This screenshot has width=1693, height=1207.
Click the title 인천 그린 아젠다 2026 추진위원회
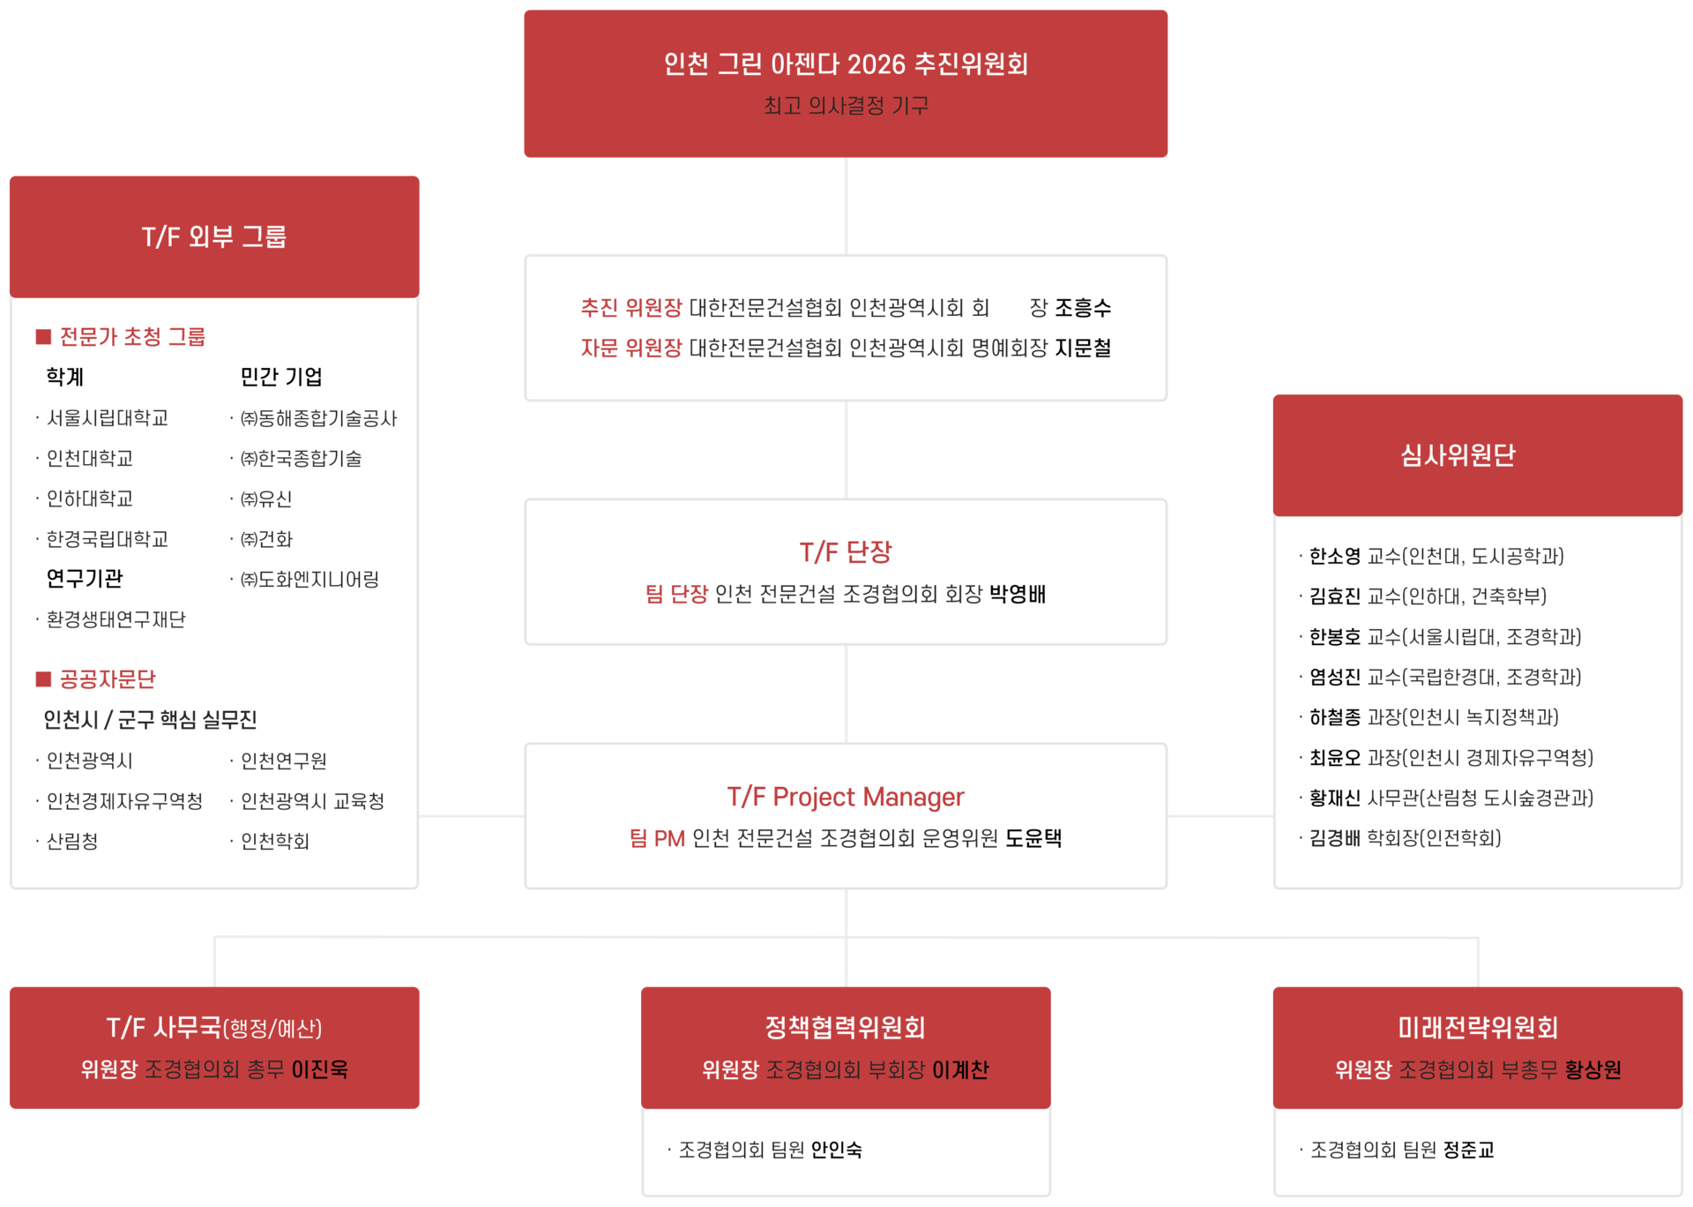(846, 64)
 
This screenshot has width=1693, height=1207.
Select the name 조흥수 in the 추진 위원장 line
(1083, 308)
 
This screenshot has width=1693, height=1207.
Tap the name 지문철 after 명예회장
(1083, 349)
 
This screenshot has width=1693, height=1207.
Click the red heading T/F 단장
(846, 552)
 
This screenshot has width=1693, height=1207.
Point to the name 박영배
(1018, 594)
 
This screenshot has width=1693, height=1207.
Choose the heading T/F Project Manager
(846, 797)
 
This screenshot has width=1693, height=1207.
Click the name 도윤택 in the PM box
(1033, 838)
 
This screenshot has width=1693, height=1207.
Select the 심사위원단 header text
(1458, 455)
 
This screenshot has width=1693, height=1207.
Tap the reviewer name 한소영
(1334, 557)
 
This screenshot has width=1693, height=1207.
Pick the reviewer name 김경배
(1334, 838)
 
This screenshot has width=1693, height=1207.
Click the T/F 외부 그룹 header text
(214, 236)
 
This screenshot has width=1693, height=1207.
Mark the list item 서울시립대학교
(108, 418)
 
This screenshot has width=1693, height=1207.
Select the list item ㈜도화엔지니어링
(310, 580)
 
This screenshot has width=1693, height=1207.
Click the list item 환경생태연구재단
(116, 620)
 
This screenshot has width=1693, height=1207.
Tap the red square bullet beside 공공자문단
(43, 678)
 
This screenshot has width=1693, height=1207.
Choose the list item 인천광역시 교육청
(312, 801)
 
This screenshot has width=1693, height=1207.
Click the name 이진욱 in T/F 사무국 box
(320, 1069)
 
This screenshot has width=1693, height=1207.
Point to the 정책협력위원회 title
(845, 1027)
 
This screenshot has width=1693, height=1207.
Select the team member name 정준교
(1468, 1150)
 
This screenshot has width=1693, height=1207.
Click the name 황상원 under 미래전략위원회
(1592, 1069)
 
